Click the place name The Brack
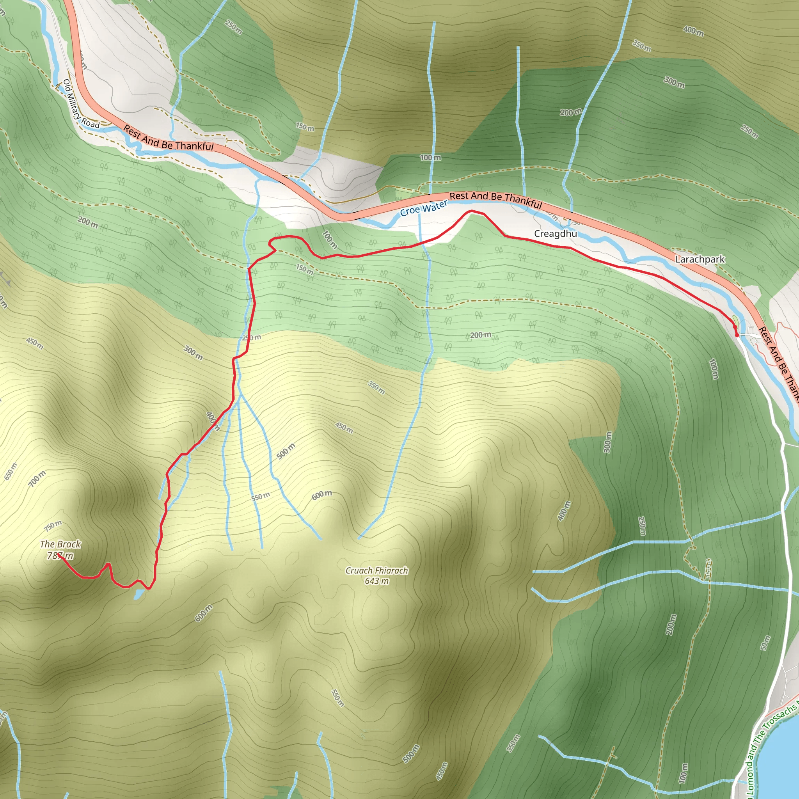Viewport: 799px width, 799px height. pos(60,544)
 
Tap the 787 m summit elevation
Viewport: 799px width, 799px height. pos(60,556)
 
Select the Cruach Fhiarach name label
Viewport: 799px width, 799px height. pos(377,571)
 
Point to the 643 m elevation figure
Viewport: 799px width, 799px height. pos(377,581)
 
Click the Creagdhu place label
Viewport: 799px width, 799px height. pos(556,234)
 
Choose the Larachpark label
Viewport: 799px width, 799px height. pos(700,259)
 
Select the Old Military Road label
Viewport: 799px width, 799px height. pos(81,104)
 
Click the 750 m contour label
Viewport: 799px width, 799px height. pos(53,526)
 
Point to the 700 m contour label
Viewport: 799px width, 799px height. pos(37,478)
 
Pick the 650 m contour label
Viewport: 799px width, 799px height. pos(11,471)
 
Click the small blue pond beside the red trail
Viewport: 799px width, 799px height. pos(139,594)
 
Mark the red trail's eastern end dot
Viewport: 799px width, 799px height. pos(737,335)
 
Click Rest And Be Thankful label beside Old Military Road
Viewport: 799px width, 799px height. pos(168,138)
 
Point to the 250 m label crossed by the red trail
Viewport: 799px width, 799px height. pos(252,337)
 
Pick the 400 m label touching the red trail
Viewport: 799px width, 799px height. pos(213,421)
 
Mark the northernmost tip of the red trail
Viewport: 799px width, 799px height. pos(471,211)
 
